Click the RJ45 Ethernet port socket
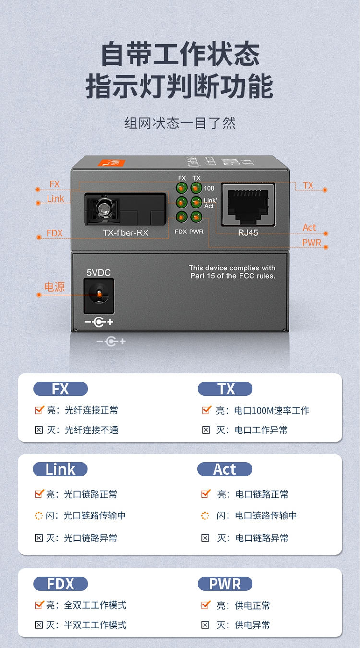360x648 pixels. coord(248,205)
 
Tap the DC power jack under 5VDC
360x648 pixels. coord(99,296)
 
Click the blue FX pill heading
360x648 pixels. coord(60,389)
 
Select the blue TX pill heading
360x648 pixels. coord(225,389)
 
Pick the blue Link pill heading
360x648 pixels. coord(60,469)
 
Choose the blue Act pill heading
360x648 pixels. coord(225,469)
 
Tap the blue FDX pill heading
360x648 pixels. coord(60,584)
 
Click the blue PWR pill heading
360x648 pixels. coord(225,584)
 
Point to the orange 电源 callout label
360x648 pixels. coord(54,287)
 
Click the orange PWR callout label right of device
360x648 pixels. coord(312,243)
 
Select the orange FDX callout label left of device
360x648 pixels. coord(54,233)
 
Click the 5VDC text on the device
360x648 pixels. coord(98,272)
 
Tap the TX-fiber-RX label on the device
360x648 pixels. coord(125,232)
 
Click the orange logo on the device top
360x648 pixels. coord(111,163)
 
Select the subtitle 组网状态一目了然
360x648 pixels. coord(180,123)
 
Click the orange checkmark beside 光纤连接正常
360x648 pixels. coord(39,410)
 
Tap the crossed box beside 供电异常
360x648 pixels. coord(205,625)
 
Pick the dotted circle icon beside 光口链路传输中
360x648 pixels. coord(38,515)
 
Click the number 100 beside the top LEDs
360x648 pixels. coord(209,188)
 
